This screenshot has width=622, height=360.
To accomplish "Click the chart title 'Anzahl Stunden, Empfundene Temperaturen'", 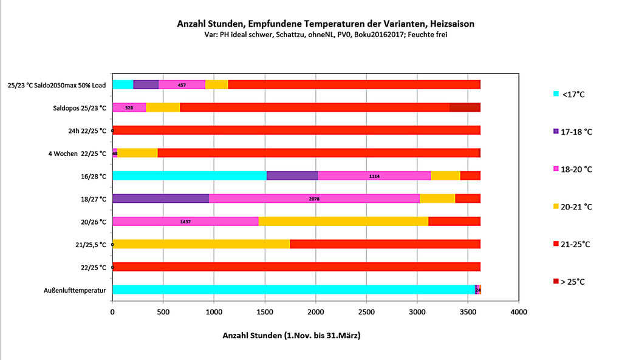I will click(326, 24).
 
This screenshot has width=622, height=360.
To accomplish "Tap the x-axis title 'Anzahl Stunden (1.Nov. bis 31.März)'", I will click(291, 335).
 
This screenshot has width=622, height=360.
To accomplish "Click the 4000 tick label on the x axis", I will click(518, 312).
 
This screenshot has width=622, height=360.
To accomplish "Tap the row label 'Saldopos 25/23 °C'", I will click(80, 107).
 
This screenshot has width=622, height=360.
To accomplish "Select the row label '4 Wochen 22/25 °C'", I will click(77, 153).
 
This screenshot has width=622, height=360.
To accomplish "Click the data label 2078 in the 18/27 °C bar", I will click(314, 199).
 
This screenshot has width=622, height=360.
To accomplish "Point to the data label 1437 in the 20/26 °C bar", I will click(185, 222).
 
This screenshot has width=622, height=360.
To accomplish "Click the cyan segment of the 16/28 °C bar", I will click(189, 175).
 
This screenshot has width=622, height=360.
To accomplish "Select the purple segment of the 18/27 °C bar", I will click(160, 199).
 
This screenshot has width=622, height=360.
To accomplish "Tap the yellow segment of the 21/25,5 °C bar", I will click(201, 244).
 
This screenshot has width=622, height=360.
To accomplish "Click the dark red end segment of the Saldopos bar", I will click(465, 107).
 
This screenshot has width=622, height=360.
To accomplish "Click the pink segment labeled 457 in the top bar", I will click(182, 84).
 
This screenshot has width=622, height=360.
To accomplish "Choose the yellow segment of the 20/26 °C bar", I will click(343, 222).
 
